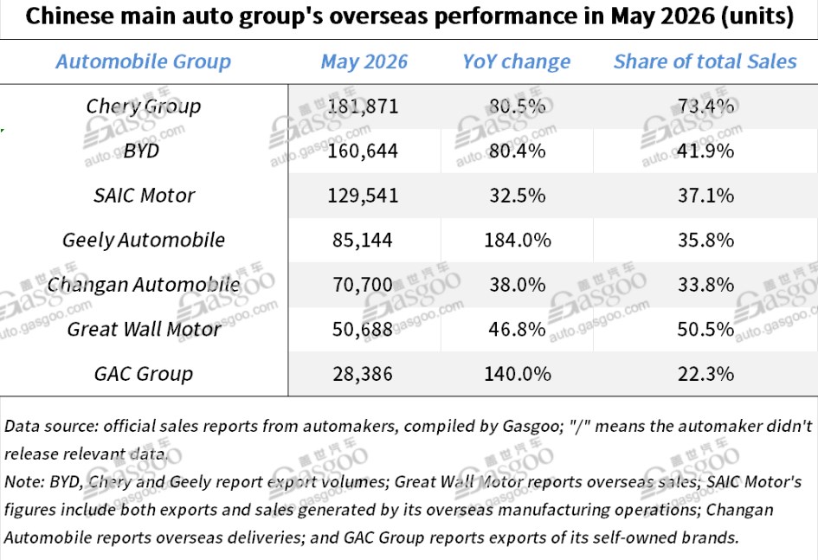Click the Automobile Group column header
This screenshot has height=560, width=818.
pyautogui.click(x=144, y=61)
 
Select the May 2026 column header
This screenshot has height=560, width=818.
pyautogui.click(x=364, y=61)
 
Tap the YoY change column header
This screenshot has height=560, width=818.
pyautogui.click(x=517, y=62)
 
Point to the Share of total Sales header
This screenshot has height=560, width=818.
pyautogui.click(x=705, y=61)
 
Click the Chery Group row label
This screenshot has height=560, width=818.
pyautogui.click(x=144, y=106)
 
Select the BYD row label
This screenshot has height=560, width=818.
pyautogui.click(x=141, y=151)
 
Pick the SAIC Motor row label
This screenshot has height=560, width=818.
pyautogui.click(x=144, y=196)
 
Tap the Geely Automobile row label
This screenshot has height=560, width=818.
pyautogui.click(x=144, y=241)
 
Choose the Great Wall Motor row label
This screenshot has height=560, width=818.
pyautogui.click(x=144, y=330)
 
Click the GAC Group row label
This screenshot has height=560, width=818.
pyautogui.click(x=144, y=375)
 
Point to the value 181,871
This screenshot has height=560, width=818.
pyautogui.click(x=363, y=106)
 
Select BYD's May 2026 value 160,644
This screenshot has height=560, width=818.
pyautogui.click(x=363, y=151)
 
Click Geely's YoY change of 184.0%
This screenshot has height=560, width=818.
pyautogui.click(x=518, y=241)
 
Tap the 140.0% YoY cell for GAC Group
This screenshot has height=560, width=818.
pyautogui.click(x=518, y=375)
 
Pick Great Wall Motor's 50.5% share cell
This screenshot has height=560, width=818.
pyautogui.click(x=705, y=330)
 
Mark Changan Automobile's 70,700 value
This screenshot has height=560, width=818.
pyautogui.click(x=363, y=286)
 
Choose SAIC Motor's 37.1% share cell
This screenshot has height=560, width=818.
pyautogui.click(x=705, y=196)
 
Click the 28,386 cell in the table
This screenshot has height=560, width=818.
pyautogui.click(x=363, y=375)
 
